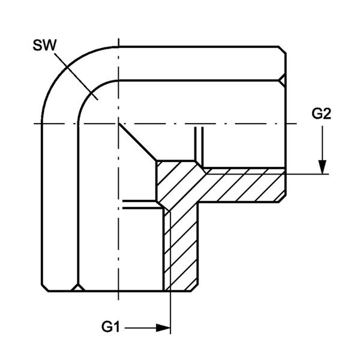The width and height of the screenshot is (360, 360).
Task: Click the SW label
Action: (x=44, y=45)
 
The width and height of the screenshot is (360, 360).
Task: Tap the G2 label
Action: (x=321, y=113)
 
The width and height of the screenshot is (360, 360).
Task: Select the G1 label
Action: (x=110, y=327)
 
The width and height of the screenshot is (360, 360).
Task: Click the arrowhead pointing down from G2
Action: (x=323, y=167)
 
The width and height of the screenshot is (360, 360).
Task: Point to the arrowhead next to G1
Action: (x=163, y=328)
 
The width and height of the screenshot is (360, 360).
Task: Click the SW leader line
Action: (x=76, y=76)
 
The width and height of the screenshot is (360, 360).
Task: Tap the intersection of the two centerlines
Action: (x=118, y=124)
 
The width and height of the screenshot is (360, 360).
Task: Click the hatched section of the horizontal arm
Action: (x=241, y=185)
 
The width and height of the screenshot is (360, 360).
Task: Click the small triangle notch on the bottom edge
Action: (x=78, y=287)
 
